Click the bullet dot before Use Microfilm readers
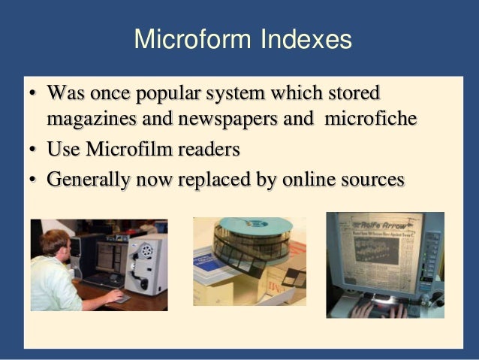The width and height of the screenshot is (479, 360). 34,150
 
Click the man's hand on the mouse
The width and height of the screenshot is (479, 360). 113,296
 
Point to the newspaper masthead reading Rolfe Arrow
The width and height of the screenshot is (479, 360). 382,225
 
